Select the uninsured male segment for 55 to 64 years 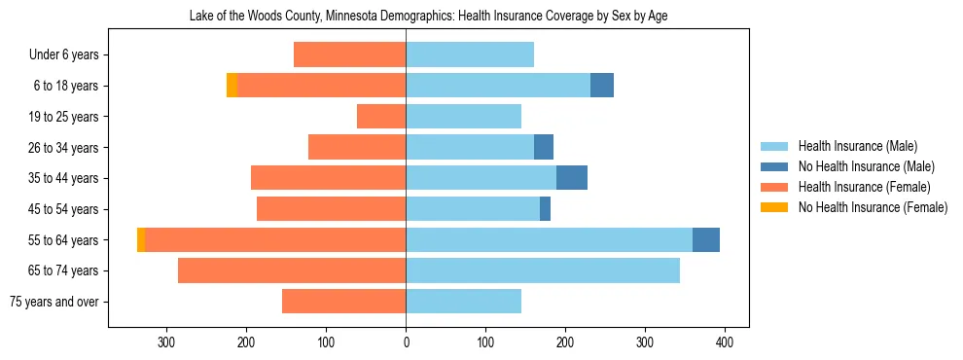click(x=706, y=239)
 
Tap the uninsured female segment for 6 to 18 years click(x=232, y=86)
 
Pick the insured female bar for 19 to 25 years click(x=381, y=117)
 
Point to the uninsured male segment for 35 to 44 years click(x=572, y=178)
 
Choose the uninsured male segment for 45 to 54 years click(x=546, y=209)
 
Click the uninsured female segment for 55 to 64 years click(x=141, y=239)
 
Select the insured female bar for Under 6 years click(x=349, y=54)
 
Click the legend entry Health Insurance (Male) click(x=857, y=146)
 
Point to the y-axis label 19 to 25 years click(x=65, y=117)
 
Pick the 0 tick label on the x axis click(x=406, y=342)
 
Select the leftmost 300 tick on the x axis click(x=167, y=342)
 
